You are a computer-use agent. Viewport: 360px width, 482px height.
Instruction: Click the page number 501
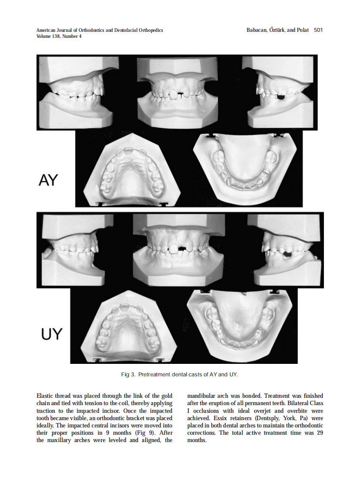point(318,30)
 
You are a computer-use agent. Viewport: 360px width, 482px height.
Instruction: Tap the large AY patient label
point(48,180)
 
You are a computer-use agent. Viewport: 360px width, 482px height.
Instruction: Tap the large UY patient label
point(52,334)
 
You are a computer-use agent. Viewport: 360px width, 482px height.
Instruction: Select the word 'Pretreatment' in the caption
point(154,375)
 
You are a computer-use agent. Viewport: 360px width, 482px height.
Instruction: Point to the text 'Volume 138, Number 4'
point(59,37)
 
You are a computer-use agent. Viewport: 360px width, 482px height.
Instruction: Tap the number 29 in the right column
point(319,433)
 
